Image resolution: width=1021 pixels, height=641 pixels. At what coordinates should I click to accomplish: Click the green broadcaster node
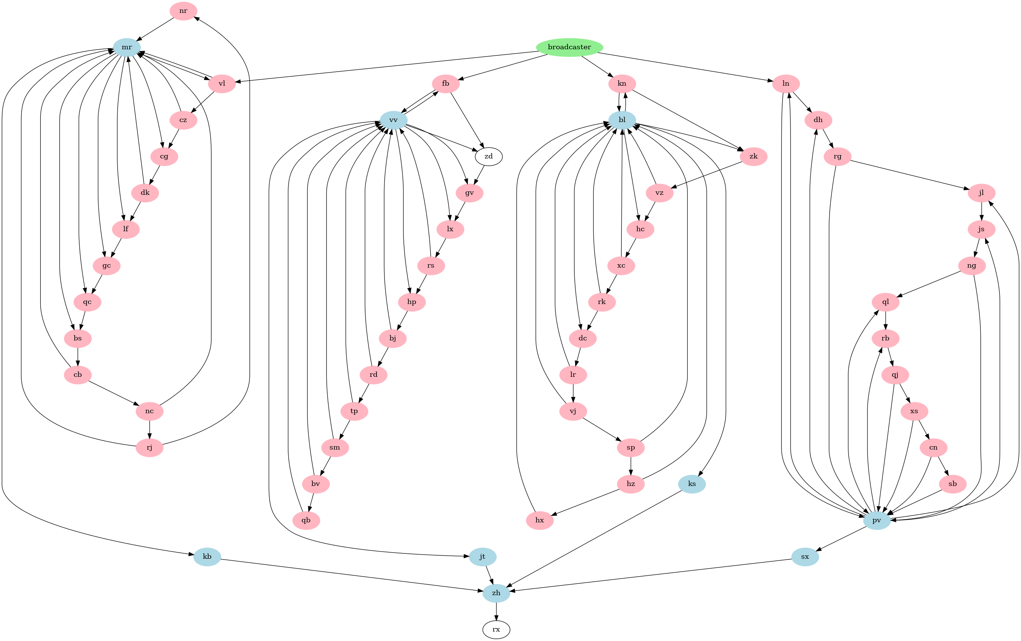point(569,47)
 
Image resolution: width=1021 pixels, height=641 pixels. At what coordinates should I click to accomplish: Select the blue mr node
point(127,47)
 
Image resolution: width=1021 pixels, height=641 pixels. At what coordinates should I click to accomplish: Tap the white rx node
point(496,629)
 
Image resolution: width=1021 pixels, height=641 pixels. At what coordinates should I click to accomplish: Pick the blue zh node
point(496,593)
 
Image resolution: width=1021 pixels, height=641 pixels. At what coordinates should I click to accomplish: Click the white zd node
point(488,157)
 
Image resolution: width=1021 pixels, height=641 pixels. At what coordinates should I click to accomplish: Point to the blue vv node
point(394,120)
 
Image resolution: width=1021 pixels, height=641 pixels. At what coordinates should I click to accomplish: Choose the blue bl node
point(622,120)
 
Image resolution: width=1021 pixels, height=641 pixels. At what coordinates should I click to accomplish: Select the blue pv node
point(877,520)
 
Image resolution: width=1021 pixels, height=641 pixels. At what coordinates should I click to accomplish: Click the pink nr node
point(183,11)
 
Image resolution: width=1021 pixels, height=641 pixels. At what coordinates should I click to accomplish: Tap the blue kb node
point(207,556)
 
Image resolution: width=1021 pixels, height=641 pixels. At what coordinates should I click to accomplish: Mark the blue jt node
point(483,556)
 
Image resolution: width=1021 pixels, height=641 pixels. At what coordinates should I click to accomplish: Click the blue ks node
point(692,484)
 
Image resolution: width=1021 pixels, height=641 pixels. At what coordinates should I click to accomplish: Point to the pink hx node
point(540,520)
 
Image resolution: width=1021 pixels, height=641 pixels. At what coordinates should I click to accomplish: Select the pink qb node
point(306,520)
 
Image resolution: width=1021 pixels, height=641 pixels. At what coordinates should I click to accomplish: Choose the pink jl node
point(982,193)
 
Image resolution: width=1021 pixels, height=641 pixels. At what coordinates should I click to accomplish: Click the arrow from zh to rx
point(496,611)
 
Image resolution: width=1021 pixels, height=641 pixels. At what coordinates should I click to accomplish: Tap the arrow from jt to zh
point(489,574)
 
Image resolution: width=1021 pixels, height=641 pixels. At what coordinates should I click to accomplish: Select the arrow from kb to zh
point(352,574)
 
